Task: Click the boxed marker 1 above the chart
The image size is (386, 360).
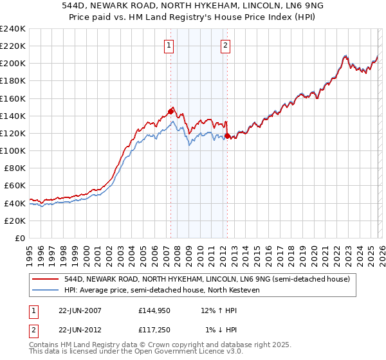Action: (169, 45)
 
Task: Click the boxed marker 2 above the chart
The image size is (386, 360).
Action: (226, 45)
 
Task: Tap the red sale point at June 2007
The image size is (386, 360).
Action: (170, 111)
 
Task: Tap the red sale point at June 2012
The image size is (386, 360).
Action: (227, 136)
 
